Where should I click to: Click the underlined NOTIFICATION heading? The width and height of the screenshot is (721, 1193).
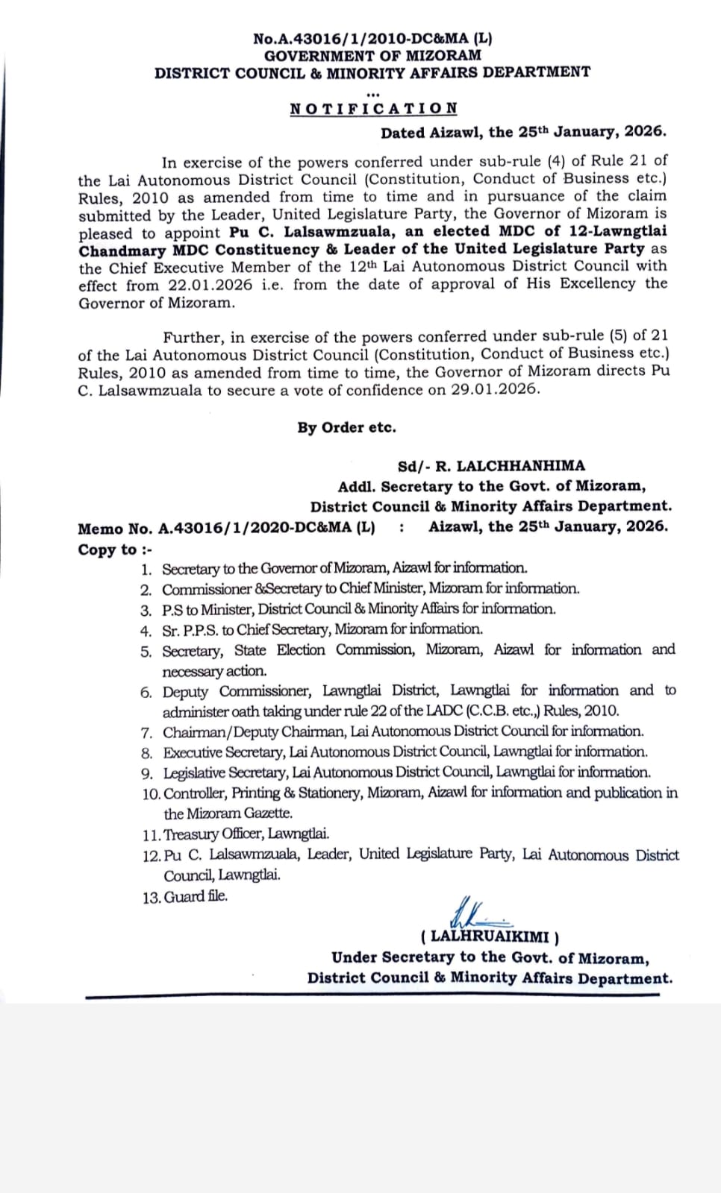[374, 109]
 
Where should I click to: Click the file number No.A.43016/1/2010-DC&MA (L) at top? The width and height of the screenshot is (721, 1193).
[372, 39]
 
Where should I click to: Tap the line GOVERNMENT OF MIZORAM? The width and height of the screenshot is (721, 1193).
[372, 56]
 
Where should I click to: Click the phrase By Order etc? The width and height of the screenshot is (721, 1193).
[346, 428]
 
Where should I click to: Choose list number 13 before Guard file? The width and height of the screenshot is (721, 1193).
[151, 898]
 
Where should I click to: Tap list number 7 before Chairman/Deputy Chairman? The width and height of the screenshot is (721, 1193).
[147, 732]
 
